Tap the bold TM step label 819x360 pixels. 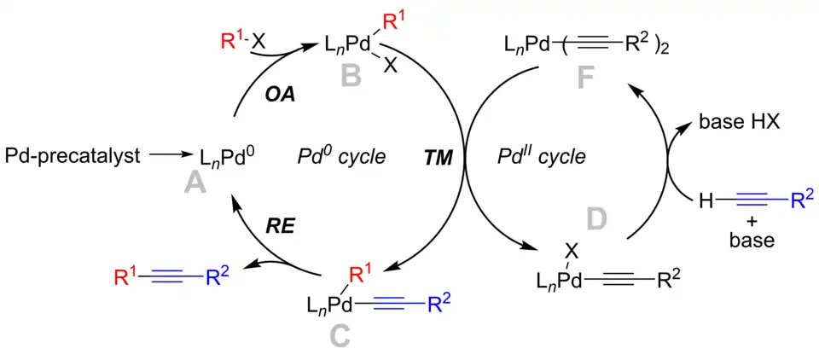[440, 157]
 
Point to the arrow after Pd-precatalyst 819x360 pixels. [173, 156]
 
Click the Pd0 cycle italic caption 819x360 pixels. [342, 158]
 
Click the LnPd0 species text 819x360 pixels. [229, 157]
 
